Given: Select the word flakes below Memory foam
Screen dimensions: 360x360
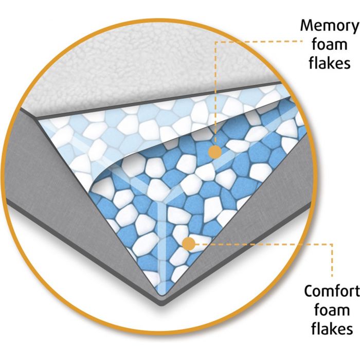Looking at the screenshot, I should [x=330, y=63].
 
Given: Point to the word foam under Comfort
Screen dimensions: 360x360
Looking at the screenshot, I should [x=330, y=311].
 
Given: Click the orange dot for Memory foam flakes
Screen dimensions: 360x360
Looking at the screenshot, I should [x=215, y=152].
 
